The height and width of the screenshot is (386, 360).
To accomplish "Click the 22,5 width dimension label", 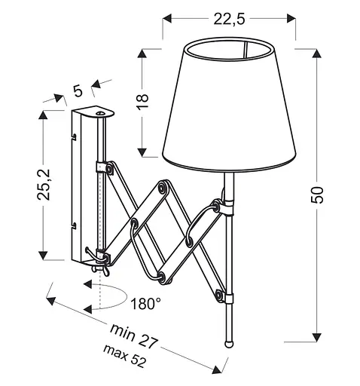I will click(229, 20).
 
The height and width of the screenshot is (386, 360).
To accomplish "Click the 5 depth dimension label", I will click(77, 91).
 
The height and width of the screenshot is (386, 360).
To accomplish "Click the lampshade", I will click(230, 102).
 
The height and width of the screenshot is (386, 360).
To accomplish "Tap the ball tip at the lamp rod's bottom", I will click(229, 341).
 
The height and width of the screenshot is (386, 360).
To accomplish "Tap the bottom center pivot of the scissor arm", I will click(163, 277).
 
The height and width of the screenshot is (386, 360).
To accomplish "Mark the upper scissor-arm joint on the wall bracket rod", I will click(105, 170).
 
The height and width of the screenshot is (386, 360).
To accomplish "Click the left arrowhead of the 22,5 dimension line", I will click(167, 20).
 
